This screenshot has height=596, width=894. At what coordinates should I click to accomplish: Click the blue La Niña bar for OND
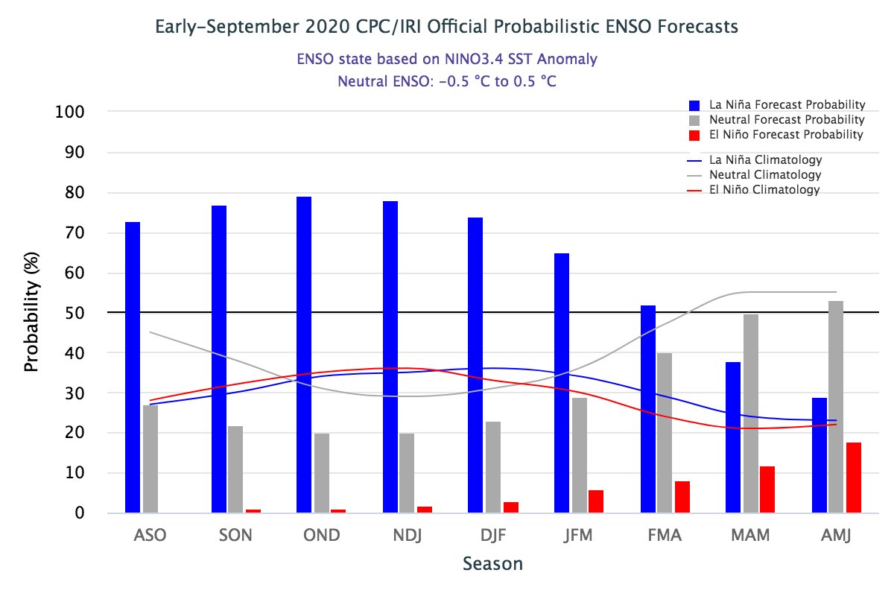tap(304, 355)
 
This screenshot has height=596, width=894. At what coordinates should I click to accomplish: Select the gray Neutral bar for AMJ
tap(836, 407)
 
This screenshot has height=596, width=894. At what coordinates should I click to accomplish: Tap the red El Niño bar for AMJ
tap(854, 478)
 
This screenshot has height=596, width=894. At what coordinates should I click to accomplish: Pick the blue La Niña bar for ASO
tap(133, 367)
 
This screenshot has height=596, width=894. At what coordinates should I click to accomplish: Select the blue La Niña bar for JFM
tap(562, 383)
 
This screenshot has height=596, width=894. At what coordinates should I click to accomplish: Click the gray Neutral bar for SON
tap(235, 469)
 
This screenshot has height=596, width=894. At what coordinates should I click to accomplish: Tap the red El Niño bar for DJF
tap(511, 507)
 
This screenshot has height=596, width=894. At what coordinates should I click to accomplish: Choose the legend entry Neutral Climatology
tap(765, 175)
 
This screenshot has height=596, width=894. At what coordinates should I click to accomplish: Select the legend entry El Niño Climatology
tap(764, 190)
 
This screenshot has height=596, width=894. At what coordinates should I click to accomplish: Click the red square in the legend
tap(694, 136)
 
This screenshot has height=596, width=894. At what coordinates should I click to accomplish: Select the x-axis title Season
tap(492, 564)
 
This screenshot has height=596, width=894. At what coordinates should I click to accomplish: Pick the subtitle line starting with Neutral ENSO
tap(447, 81)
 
